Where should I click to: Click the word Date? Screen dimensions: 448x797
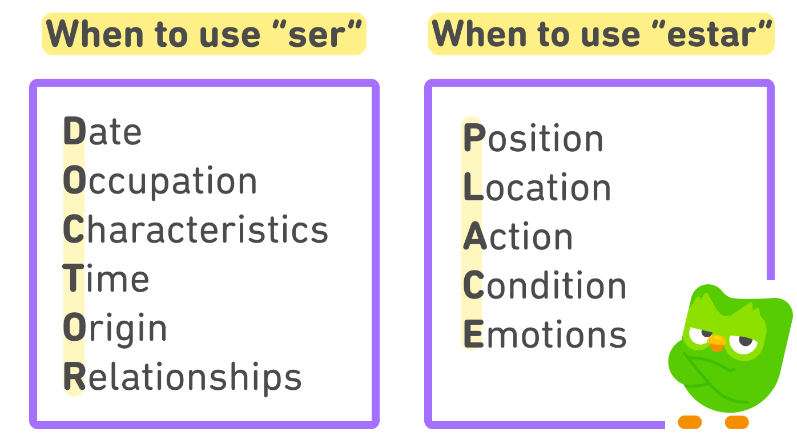point(102,131)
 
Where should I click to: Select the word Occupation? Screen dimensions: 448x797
point(160,181)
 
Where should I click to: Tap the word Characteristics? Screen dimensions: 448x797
point(195,229)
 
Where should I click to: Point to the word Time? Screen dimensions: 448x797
point(106,279)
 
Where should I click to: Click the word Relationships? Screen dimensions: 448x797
point(182,377)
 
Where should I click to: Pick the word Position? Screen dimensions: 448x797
point(533,139)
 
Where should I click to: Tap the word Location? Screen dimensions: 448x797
point(537,188)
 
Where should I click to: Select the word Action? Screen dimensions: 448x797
point(518,237)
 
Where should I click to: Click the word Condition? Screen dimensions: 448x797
point(545,286)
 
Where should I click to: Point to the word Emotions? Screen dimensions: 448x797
point(545,335)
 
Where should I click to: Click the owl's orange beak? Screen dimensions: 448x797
point(717,342)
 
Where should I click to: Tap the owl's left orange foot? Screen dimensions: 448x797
point(690,422)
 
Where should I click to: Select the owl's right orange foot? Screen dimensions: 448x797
point(736,422)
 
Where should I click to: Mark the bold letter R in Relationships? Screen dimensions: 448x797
point(74,377)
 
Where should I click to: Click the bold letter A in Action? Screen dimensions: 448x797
point(474,237)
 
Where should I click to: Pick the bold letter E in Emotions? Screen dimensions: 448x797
point(473,335)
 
